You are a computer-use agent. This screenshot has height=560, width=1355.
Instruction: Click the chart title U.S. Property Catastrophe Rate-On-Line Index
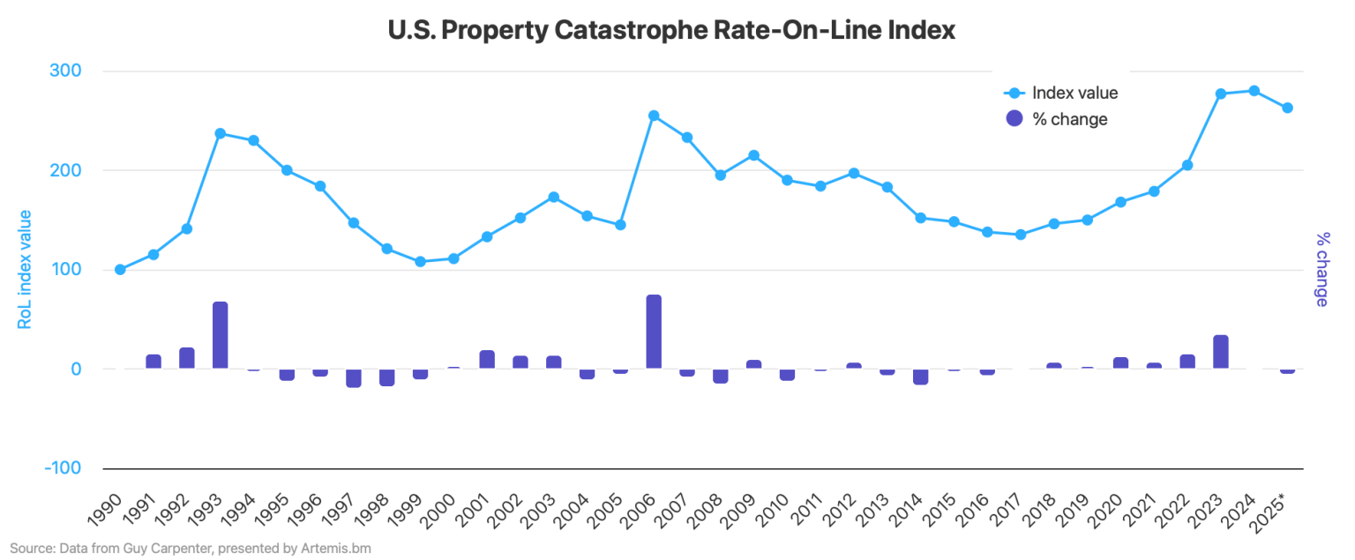click(672, 30)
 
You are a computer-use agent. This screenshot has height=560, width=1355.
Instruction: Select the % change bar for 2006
click(654, 332)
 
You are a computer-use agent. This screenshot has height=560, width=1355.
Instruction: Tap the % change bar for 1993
click(220, 335)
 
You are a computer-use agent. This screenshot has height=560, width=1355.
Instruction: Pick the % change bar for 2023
click(1221, 352)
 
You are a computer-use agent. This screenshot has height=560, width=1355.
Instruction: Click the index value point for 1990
click(120, 270)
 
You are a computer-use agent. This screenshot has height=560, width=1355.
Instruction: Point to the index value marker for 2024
click(1254, 91)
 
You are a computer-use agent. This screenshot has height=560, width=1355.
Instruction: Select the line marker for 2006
click(654, 116)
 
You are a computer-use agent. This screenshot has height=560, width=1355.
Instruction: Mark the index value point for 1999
click(420, 262)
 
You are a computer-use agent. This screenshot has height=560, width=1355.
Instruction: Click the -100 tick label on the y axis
click(62, 468)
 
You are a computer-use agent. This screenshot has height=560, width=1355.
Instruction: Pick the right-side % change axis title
click(1321, 270)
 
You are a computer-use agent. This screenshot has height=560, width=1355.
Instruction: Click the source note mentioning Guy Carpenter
click(191, 549)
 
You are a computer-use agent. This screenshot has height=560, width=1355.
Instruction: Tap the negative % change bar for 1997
click(353, 377)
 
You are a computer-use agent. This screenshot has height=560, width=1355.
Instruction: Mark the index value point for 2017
click(1021, 235)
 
